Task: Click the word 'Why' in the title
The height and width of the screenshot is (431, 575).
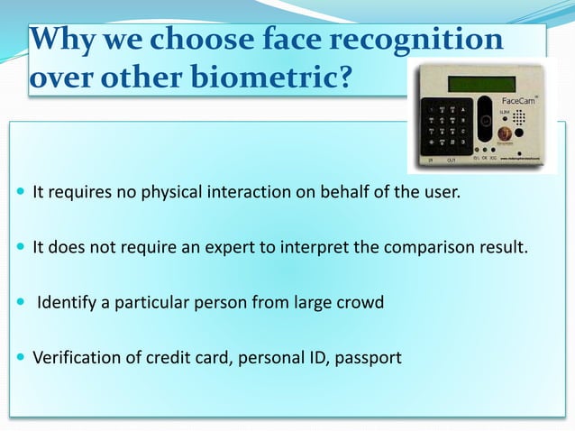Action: point(60,41)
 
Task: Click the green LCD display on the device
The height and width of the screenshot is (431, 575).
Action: point(482,84)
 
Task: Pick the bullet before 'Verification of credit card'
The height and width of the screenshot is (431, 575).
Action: point(21,358)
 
